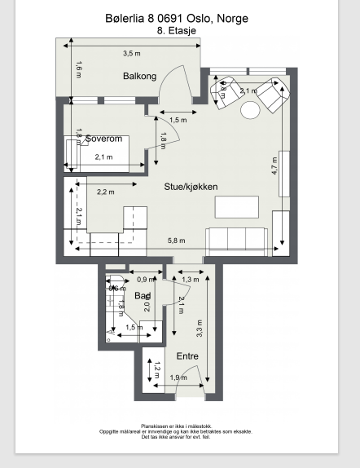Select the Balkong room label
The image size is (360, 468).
coord(139,77)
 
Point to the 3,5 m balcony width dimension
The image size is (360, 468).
coord(131,54)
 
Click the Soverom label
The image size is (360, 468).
coord(103,139)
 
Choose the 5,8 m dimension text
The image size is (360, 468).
coord(176,241)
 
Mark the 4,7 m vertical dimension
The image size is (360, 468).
coord(274,166)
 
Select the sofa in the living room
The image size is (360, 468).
coord(238,241)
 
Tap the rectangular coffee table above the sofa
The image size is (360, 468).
coord(237,207)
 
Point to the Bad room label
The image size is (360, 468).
coord(143,296)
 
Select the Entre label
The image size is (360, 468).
coord(187,356)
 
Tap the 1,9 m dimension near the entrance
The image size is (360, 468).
coord(178,377)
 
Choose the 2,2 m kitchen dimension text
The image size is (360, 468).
coord(105,192)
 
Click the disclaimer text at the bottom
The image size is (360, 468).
coord(175,431)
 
